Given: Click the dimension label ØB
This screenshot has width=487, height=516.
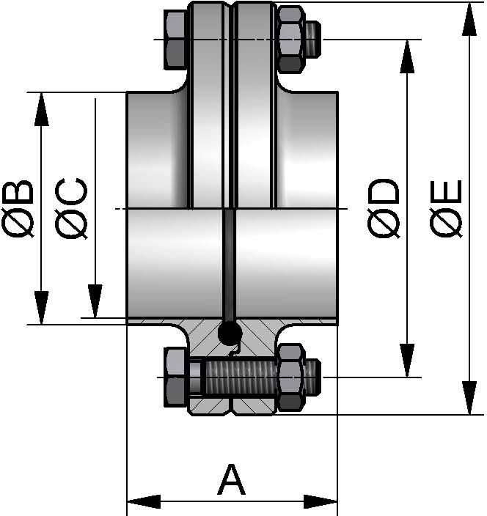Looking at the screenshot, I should [x=20, y=208].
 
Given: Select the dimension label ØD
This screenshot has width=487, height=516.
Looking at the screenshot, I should [x=385, y=208].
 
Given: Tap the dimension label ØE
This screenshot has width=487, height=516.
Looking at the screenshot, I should [x=446, y=208].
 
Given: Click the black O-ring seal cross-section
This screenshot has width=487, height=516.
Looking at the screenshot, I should [x=230, y=333].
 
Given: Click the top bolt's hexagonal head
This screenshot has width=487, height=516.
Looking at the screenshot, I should [x=176, y=38].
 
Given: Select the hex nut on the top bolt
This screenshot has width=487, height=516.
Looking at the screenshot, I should [x=291, y=39].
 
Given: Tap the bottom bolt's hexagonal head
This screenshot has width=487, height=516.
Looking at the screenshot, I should [x=176, y=377].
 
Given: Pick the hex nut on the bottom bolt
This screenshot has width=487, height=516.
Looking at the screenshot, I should [x=291, y=377].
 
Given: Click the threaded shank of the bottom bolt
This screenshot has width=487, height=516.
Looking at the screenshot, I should [x=239, y=377].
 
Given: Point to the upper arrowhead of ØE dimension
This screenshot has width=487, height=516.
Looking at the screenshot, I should [x=467, y=18].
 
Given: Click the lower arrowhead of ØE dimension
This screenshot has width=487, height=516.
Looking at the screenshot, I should [x=467, y=399].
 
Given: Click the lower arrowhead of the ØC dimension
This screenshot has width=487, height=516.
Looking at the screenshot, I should [x=95, y=301].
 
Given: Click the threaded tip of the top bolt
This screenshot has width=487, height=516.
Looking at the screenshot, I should [x=313, y=39].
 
